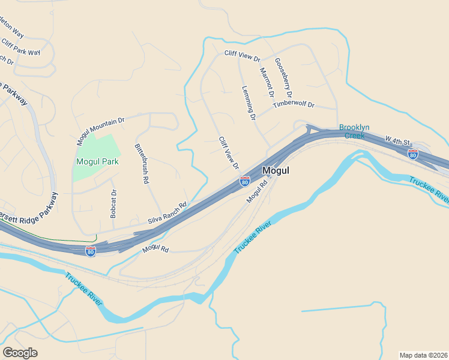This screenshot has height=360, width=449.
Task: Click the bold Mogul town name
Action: coord(276,170)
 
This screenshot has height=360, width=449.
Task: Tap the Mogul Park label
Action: coord(97,161)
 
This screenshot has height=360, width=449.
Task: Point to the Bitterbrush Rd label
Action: coord(142,163)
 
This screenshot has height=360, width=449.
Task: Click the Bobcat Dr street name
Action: coord(113,204)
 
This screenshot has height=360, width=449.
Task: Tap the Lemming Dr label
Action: coord(249,101)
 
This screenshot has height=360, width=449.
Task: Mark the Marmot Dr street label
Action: coord(267,82)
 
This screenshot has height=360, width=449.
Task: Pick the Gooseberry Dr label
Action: coord(283,78)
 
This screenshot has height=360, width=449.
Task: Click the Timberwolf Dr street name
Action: coord(294,104)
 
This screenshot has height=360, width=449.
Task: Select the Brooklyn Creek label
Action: coord(354,131)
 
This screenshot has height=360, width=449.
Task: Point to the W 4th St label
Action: coord(397,140)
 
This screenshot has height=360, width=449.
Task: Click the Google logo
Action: coord(20,353)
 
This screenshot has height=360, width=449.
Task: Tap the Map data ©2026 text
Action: coord(423,355)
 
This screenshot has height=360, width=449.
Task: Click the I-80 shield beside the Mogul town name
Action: coord(245,181)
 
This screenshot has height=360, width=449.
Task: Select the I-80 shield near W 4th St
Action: coord(413,154)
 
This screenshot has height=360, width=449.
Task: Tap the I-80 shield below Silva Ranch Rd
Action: coord(91,251)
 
